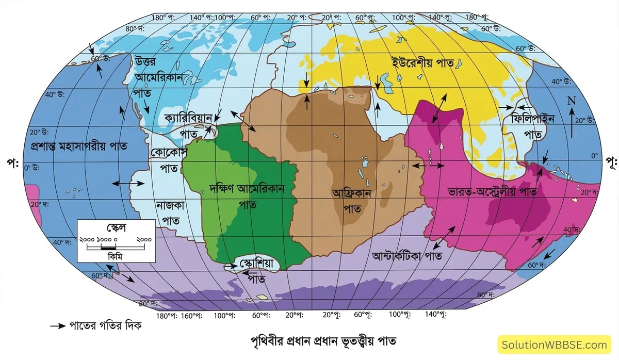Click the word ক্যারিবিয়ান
click(x=187, y=118)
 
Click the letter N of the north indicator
click(x=572, y=101)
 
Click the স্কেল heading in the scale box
click(x=115, y=227)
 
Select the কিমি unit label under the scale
click(x=115, y=256)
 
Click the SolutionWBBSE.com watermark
click(x=555, y=345)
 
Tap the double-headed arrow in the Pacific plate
click(x=128, y=183)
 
